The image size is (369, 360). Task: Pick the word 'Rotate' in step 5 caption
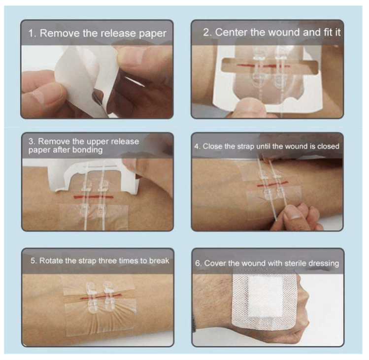click(52, 260)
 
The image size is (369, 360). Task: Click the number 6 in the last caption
click(198, 263)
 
